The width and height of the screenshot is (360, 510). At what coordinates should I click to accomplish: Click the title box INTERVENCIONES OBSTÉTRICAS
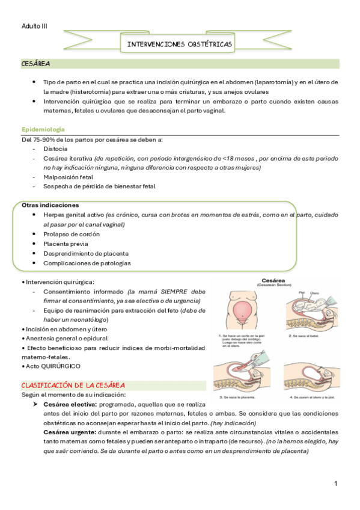(180, 45)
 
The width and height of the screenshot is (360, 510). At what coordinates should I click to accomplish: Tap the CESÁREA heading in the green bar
(35, 63)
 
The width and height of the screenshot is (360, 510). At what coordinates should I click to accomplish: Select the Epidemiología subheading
(43, 129)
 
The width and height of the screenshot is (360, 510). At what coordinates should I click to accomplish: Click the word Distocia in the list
(55, 149)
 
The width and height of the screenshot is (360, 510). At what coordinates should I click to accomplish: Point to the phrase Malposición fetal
(68, 177)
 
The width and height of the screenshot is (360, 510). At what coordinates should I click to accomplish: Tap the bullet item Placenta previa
(66, 244)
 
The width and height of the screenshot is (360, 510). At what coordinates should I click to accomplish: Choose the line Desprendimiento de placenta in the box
(85, 253)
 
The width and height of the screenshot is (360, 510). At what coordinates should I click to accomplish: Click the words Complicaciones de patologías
(87, 263)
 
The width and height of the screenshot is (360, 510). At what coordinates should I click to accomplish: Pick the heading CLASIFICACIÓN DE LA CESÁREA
(73, 385)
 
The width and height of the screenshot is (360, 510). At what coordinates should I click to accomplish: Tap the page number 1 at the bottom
(336, 484)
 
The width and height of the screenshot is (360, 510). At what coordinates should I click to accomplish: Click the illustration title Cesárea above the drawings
(276, 280)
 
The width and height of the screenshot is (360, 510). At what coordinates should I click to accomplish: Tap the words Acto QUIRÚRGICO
(52, 366)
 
